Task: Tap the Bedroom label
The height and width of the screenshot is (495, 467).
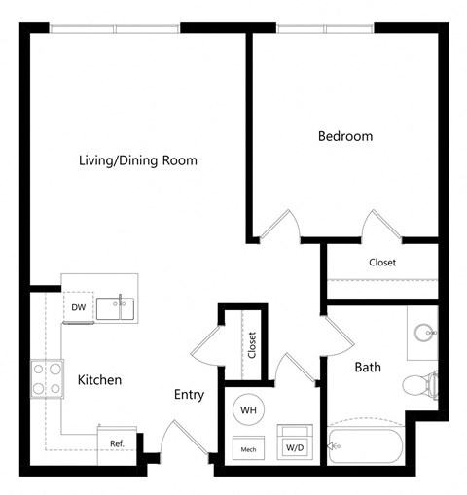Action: pyautogui.click(x=345, y=136)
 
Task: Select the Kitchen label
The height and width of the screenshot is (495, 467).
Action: pyautogui.click(x=99, y=379)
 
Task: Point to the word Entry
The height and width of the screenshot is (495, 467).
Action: pyautogui.click(x=188, y=394)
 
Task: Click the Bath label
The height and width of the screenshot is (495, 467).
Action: pyautogui.click(x=367, y=367)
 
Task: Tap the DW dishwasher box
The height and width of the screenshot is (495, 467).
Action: pyautogui.click(x=79, y=307)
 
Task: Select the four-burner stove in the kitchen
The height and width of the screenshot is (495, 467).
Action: pyautogui.click(x=45, y=377)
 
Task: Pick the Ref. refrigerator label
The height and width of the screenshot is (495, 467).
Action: pyautogui.click(x=117, y=444)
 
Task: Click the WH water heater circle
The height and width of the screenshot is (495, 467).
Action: pyautogui.click(x=249, y=410)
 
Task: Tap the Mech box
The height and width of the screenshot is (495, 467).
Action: pyautogui.click(x=249, y=449)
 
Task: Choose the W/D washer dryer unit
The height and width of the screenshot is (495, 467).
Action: pyautogui.click(x=294, y=445)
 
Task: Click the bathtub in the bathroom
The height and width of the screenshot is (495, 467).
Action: pyautogui.click(x=366, y=447)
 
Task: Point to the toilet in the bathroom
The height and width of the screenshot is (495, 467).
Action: pyautogui.click(x=422, y=384)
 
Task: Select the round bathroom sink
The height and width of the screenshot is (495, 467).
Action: pyautogui.click(x=424, y=333)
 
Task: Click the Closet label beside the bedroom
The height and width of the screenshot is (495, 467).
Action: pyautogui.click(x=381, y=263)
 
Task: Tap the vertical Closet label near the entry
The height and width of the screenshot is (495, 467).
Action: pyautogui.click(x=251, y=345)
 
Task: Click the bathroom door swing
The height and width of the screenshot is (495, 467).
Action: pyautogui.click(x=336, y=336)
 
